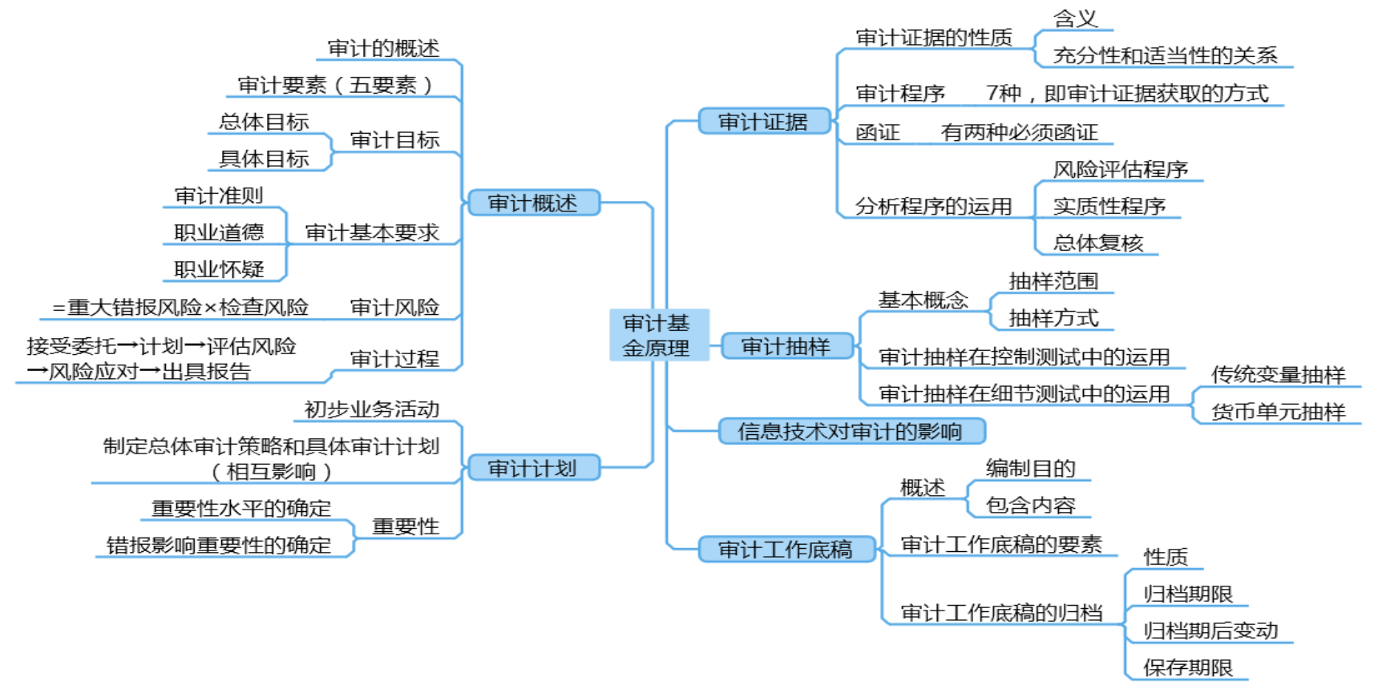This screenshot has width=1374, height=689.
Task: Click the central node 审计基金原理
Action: [x=657, y=335]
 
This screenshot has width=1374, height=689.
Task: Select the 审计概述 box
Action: [x=533, y=203]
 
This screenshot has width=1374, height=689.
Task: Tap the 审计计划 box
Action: [x=533, y=468]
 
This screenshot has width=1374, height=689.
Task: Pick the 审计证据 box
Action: [x=763, y=122]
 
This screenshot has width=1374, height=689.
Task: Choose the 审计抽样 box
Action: [x=786, y=346]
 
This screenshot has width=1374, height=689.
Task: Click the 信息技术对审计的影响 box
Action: [x=851, y=431]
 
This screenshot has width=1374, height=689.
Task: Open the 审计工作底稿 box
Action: [x=786, y=549]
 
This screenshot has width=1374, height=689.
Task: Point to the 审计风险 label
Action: [x=394, y=307]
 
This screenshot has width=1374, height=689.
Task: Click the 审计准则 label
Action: [x=218, y=195]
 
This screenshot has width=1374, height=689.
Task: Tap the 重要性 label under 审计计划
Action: [x=406, y=526]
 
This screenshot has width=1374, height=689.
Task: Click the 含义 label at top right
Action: [x=1075, y=18]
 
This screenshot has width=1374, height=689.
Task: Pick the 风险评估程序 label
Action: [x=1120, y=169]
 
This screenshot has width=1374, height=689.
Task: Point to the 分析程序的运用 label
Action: [x=933, y=206]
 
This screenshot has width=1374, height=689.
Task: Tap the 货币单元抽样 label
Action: [x=1278, y=412]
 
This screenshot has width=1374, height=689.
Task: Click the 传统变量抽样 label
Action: [x=1278, y=374]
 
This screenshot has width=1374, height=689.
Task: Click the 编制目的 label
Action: [x=1029, y=469]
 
